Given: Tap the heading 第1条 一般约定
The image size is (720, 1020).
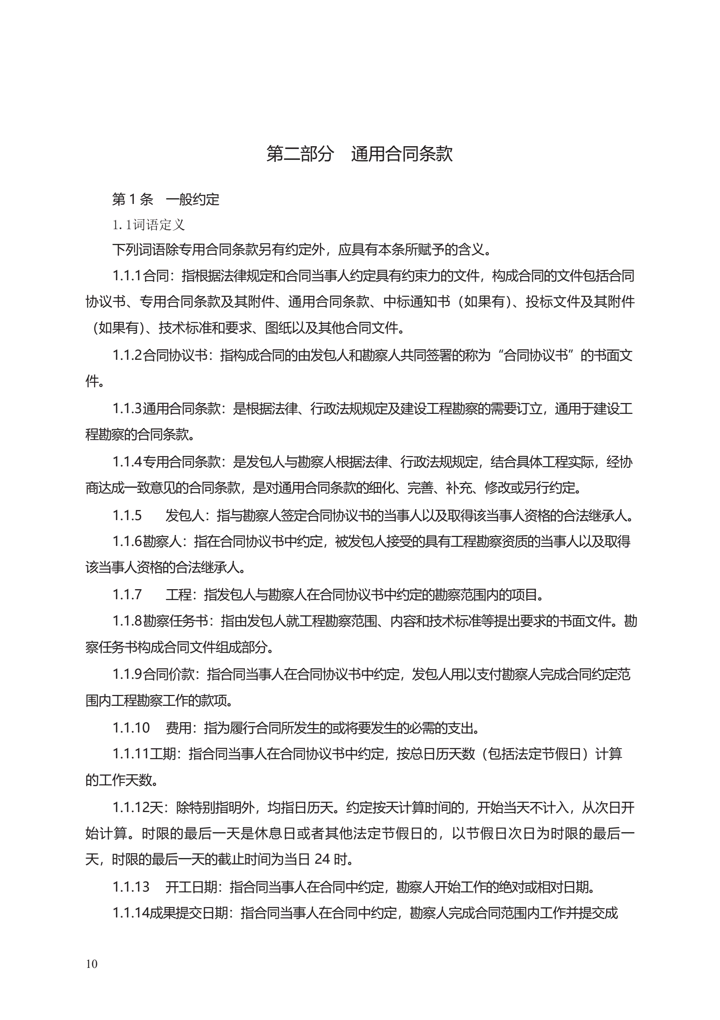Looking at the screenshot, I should coord(165,199).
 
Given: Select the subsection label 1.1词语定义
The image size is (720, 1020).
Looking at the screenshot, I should coord(148,225).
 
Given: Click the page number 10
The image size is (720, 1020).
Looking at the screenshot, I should coord(92,963).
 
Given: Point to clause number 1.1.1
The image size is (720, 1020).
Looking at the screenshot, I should coord(127,276).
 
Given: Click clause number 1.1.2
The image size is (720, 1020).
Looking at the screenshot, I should coord(127,355).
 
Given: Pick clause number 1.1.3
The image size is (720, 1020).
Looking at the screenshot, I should coord(127,408).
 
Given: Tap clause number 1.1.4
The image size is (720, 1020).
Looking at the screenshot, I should coord(127,462).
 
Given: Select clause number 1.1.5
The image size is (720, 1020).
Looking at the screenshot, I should coord(127,515).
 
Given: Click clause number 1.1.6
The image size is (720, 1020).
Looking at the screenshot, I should coord(127,541).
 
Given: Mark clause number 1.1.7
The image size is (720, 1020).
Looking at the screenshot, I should coord(127,594).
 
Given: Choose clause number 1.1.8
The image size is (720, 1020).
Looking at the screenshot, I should coord(127,621).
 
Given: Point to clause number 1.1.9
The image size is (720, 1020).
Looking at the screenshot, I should coord(127,674).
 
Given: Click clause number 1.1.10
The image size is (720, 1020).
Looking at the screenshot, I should coord(131,728).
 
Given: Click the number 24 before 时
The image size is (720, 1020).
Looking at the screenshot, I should coord(322,859).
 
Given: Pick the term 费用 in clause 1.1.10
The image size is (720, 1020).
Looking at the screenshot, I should coord(178,728).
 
